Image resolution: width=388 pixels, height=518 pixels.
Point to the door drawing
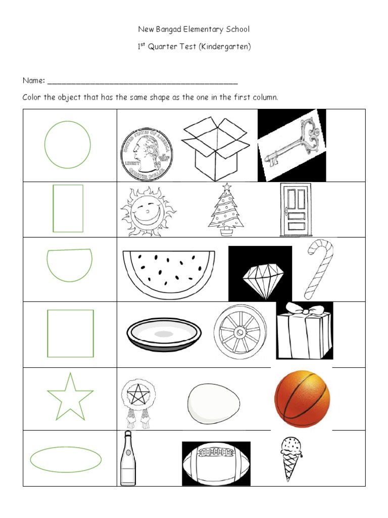click(294, 209)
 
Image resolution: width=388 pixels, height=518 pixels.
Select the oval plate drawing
click(164, 334)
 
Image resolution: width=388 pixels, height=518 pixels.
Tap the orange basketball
click(302, 399)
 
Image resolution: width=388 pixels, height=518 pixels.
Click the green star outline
click(70, 397)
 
